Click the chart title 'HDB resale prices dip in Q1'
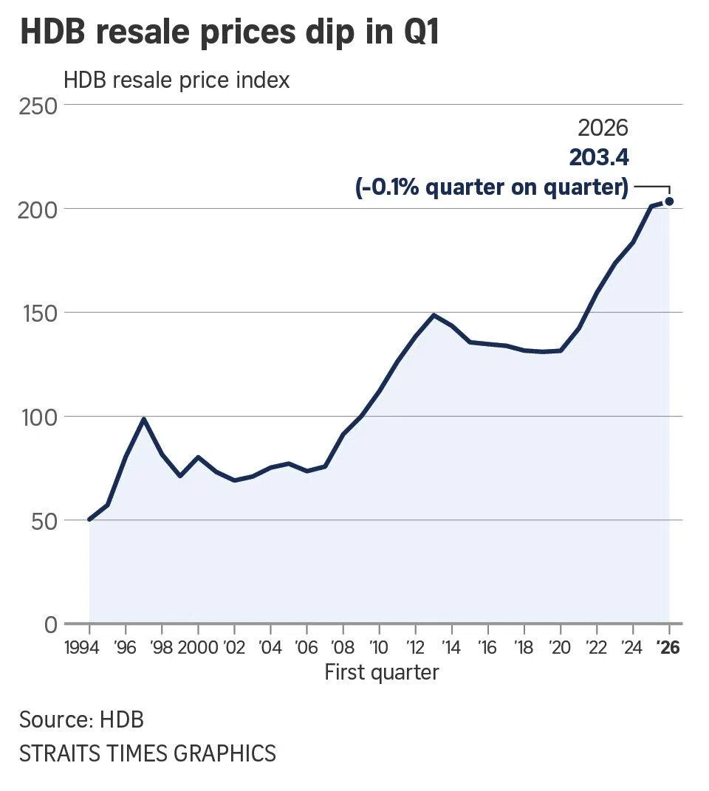tap(229, 33)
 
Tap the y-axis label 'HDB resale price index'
tap(177, 80)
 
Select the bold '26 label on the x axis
tap(668, 648)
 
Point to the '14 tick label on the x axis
tap(451, 648)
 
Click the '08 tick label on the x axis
tap(343, 648)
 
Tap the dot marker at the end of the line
tap(669, 201)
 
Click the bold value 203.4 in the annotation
tap(598, 158)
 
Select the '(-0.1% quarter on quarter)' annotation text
tap(492, 187)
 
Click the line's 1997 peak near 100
tap(144, 419)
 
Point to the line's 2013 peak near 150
tap(434, 315)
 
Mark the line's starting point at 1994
tap(89, 519)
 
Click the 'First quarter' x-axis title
tap(382, 672)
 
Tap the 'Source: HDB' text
tap(81, 719)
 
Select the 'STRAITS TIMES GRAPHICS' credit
tap(148, 753)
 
